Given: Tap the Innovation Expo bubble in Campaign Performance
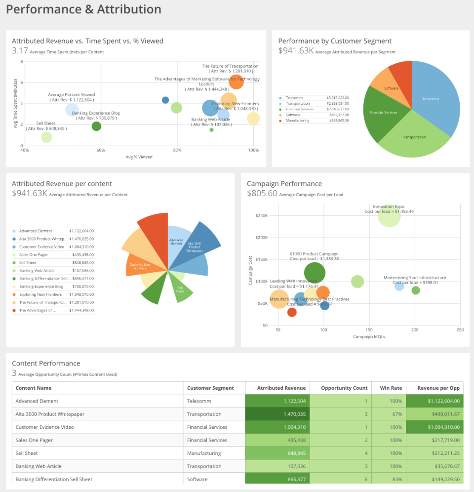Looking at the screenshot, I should click(390, 215).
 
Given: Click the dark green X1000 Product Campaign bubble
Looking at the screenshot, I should click(315, 273).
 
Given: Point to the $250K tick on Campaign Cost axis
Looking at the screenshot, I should click(261, 216).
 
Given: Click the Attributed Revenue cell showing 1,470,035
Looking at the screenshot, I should click(278, 414).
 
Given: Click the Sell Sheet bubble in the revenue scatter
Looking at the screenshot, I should click(46, 137).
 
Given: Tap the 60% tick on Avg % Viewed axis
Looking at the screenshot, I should click(101, 150).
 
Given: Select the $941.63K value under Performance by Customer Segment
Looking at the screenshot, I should click(296, 50).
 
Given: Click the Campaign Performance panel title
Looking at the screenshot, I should click(284, 184).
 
